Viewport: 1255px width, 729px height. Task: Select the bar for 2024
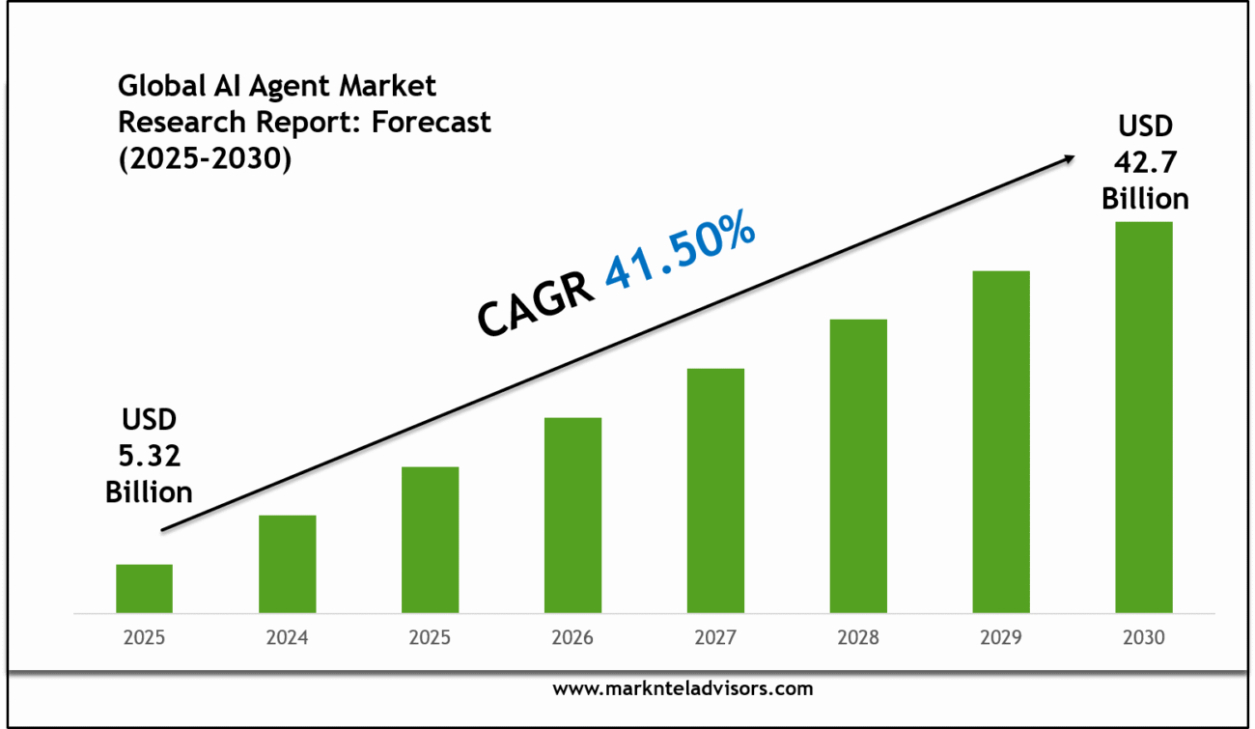pos(287,564)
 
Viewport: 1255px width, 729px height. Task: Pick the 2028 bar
pos(858,465)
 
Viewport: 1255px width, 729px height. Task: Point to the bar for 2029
pos(1001,441)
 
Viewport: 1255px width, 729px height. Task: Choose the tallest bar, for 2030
pos(1144,417)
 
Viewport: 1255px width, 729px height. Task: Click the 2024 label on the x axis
pos(287,638)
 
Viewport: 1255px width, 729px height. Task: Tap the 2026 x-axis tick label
pos(572,638)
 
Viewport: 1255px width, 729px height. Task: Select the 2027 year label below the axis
pos(715,638)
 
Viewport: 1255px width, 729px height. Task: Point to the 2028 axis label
pos(858,638)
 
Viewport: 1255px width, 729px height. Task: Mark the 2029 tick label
pos(1001,638)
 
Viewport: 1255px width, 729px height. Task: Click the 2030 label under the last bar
pos(1144,638)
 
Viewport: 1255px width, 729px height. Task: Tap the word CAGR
pos(536,305)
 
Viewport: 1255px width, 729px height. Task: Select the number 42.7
pos(1146,162)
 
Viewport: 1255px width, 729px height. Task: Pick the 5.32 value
pos(149,456)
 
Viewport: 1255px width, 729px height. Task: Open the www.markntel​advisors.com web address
pos(683,688)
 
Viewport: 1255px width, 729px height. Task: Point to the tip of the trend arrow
pos(1074,156)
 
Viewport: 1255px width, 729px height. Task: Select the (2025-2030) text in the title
pos(205,159)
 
